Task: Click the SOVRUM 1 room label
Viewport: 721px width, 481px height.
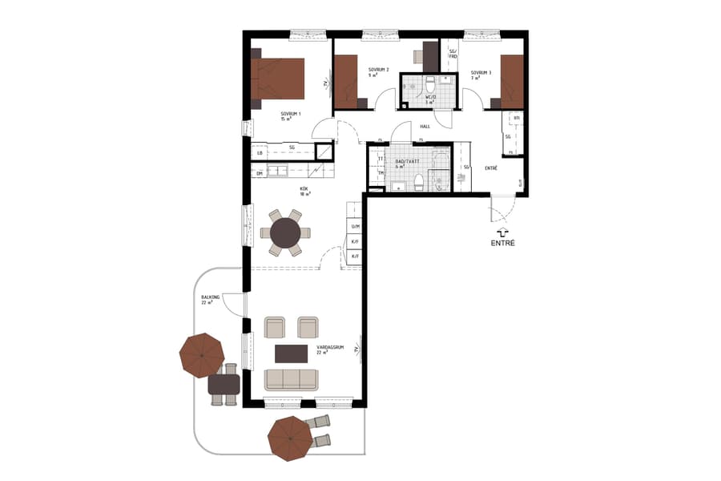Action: (x=289, y=115)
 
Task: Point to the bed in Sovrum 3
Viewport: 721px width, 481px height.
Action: (x=511, y=81)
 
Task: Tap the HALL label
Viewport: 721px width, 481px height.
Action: (x=425, y=127)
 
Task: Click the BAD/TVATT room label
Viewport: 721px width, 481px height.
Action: (x=408, y=162)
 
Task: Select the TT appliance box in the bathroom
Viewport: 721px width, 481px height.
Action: (x=381, y=159)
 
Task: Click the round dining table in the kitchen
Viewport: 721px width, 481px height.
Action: (x=285, y=233)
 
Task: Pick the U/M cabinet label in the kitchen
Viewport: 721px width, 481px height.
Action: (x=355, y=227)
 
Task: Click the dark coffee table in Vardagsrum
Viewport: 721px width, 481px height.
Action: (x=292, y=353)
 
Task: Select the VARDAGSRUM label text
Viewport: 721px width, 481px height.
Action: (x=329, y=348)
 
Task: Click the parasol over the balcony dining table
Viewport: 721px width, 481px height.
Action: (x=202, y=355)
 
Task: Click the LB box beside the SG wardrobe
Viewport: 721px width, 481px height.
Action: (x=260, y=152)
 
